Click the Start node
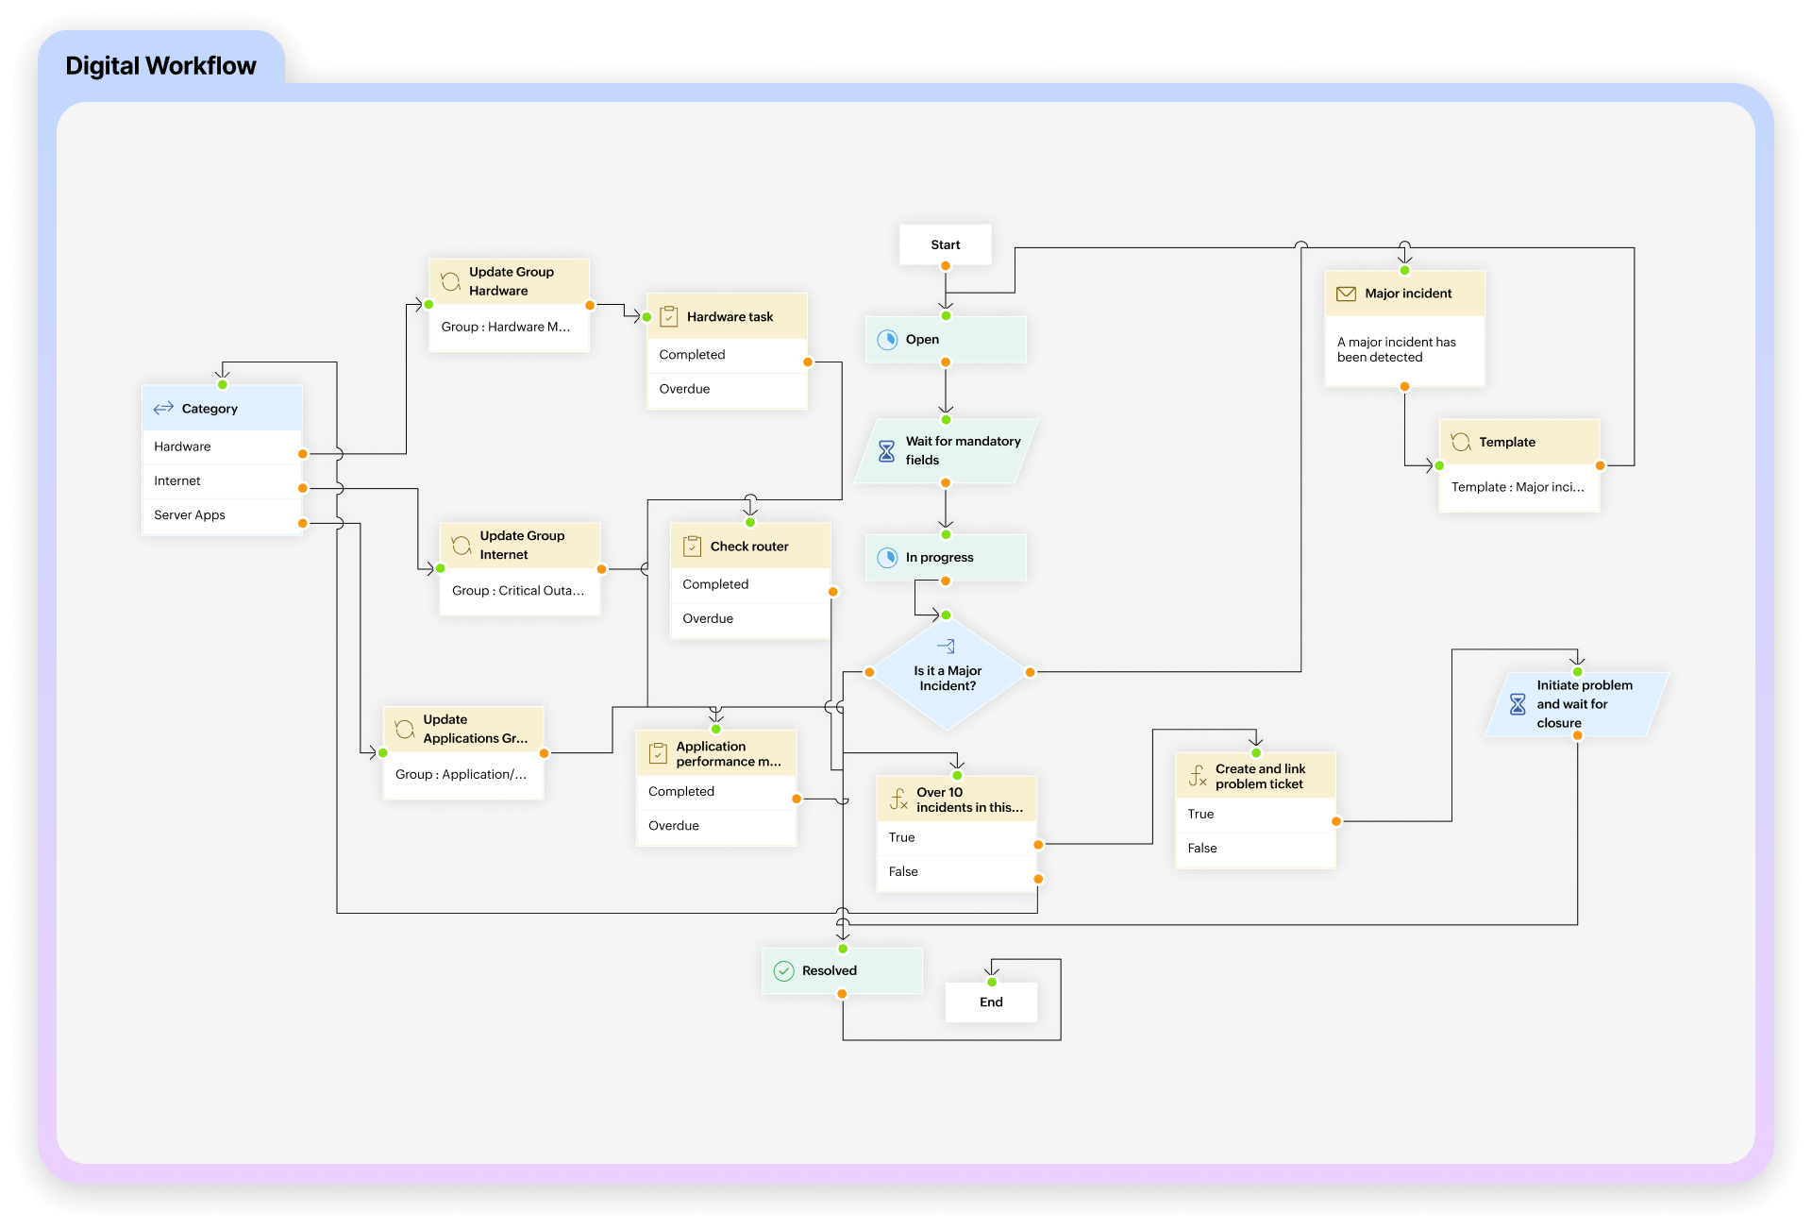[x=945, y=244]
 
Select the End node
[x=991, y=1002]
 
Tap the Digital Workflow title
[x=160, y=66]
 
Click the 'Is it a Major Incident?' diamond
[x=948, y=676]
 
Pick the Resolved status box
[x=841, y=970]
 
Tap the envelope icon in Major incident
[x=1346, y=294]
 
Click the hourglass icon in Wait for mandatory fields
[x=886, y=451]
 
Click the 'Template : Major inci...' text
[x=1518, y=487]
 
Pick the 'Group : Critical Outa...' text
[x=518, y=591]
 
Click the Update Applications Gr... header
[x=463, y=729]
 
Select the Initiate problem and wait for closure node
[x=1577, y=704]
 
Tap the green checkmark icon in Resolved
[x=783, y=971]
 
